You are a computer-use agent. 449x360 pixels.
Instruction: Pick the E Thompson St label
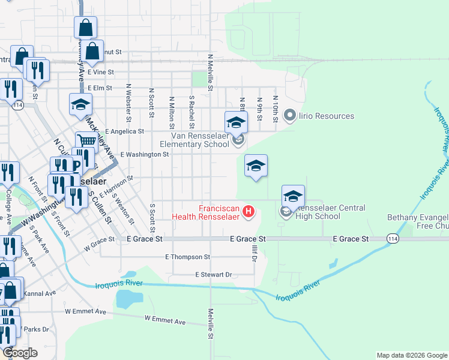187,257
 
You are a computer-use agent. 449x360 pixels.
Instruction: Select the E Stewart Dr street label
213,275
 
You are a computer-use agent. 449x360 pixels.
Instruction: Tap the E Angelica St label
124,131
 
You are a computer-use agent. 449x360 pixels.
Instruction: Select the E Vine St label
100,71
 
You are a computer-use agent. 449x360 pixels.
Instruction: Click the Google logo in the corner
20,353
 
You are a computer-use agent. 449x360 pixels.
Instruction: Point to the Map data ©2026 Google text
411,355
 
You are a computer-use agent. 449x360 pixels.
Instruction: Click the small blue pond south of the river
128,298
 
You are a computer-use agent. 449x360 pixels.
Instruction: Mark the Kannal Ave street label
39,293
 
